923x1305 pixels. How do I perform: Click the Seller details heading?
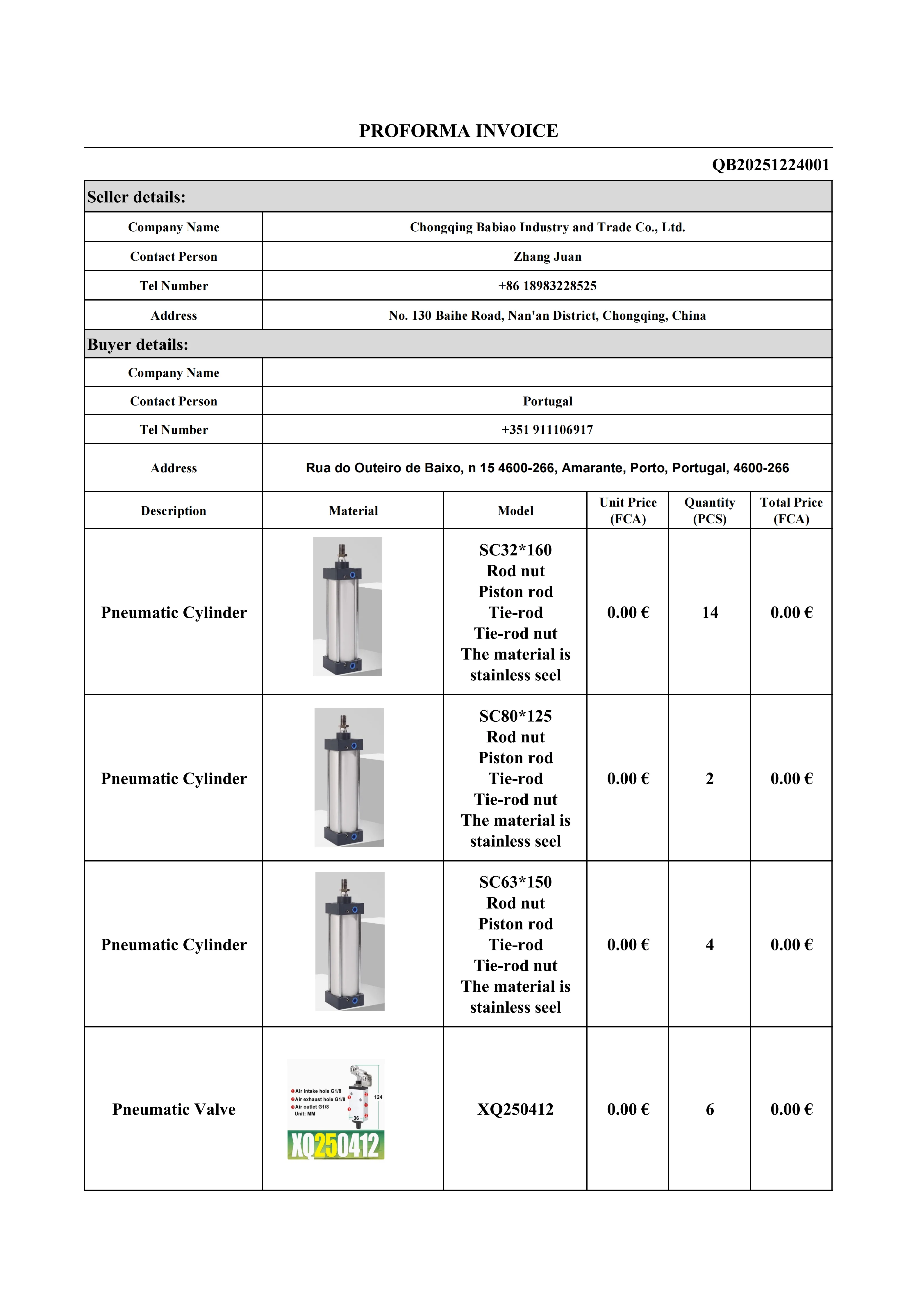coord(136,197)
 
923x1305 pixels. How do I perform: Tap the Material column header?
coord(353,511)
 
